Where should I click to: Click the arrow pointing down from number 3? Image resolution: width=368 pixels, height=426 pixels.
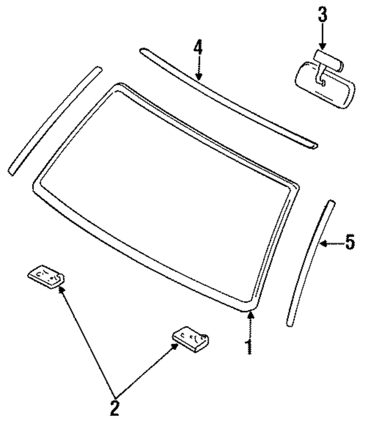322,39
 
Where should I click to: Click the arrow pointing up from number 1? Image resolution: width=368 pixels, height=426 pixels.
250,324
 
